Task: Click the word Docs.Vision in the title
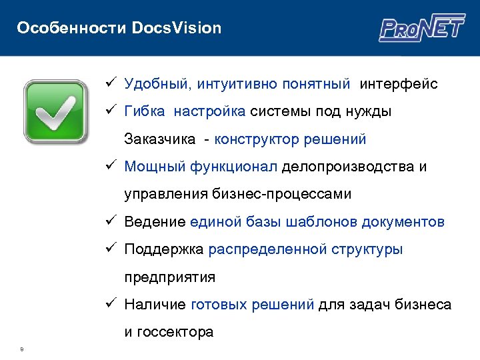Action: point(177,28)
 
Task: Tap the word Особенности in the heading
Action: point(72,28)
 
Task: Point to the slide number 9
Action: point(22,347)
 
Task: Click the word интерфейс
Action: point(399,84)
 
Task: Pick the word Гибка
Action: point(145,111)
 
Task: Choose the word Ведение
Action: point(155,222)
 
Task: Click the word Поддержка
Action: point(164,249)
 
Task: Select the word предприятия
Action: point(169,277)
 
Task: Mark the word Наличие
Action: point(155,305)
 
